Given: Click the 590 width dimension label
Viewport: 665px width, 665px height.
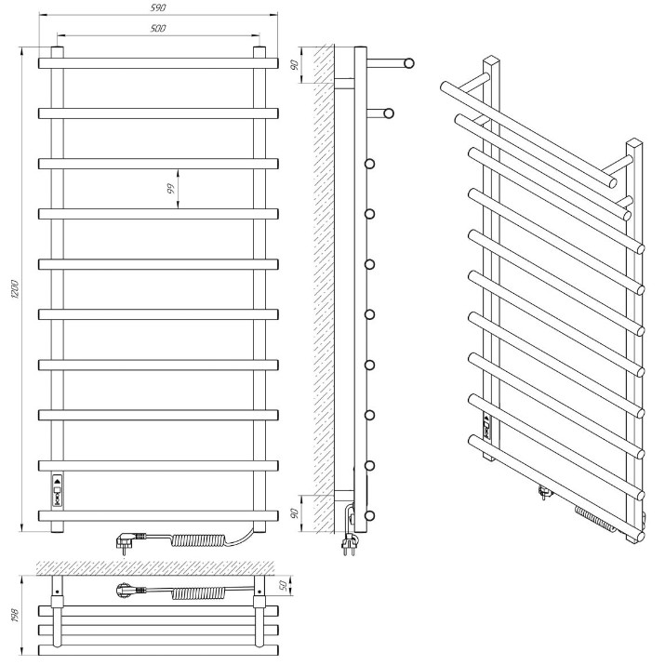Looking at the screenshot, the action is tap(158, 7).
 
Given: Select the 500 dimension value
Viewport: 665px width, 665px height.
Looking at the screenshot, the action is tap(158, 29).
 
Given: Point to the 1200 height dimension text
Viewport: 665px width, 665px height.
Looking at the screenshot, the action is tap(15, 289).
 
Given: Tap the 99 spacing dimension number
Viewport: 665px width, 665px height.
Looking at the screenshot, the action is tap(170, 188).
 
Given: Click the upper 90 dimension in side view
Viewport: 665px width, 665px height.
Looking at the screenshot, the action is tap(295, 64).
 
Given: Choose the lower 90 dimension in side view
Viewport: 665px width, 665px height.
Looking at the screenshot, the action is tap(295, 513).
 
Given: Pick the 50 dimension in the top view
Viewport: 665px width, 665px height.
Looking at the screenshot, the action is tap(284, 585).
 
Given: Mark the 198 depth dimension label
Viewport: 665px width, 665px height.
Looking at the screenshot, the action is tap(16, 616).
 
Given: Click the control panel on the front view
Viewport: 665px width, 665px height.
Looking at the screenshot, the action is tap(58, 490).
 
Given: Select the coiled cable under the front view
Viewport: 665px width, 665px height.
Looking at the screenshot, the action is tap(198, 540).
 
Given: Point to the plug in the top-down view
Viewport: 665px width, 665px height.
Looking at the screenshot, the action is tap(131, 591).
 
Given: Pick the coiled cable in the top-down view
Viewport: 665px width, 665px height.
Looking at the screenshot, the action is tap(198, 592).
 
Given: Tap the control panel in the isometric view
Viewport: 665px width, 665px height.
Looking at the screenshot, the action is tap(487, 426).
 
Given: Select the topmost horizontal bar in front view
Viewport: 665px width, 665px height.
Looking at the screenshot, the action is tap(158, 63).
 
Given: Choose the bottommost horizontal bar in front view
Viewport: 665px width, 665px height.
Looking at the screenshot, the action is tap(158, 515).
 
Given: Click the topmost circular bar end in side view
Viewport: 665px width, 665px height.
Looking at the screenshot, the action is tap(409, 63).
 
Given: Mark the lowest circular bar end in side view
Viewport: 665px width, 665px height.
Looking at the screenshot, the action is tap(370, 515).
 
